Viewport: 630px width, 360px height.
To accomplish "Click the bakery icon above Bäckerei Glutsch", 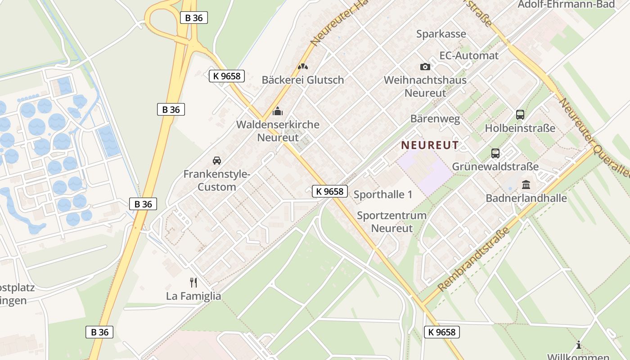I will coord(303,67).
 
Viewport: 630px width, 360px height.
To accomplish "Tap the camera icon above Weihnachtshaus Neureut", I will coord(425,67).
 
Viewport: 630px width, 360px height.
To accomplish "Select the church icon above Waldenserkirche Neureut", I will coord(278,111).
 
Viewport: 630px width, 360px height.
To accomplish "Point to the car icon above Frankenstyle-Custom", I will coord(216,160).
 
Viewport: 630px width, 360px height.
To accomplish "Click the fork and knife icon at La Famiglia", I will coord(193,282).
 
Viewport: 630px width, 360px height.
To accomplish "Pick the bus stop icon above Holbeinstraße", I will coord(520,115).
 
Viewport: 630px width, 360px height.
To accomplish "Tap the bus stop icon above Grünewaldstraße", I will coord(495,153).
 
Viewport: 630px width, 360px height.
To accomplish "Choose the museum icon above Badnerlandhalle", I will coord(526,184).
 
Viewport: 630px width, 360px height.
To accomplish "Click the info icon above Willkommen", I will coord(578,345).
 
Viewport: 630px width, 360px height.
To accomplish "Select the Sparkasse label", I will coord(441,34).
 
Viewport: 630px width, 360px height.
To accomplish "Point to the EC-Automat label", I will coord(469,56).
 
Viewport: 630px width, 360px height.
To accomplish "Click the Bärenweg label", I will coord(435,119).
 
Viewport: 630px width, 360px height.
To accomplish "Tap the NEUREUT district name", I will coord(430,145).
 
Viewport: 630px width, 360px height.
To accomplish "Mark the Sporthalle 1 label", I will coord(383,194).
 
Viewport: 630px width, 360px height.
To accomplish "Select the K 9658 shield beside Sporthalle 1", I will coord(330,191).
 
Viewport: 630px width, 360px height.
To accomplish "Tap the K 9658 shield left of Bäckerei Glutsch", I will coord(227,76).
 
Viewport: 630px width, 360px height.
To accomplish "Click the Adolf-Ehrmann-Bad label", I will coord(567,4).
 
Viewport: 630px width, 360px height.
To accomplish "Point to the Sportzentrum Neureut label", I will coord(391,221).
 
